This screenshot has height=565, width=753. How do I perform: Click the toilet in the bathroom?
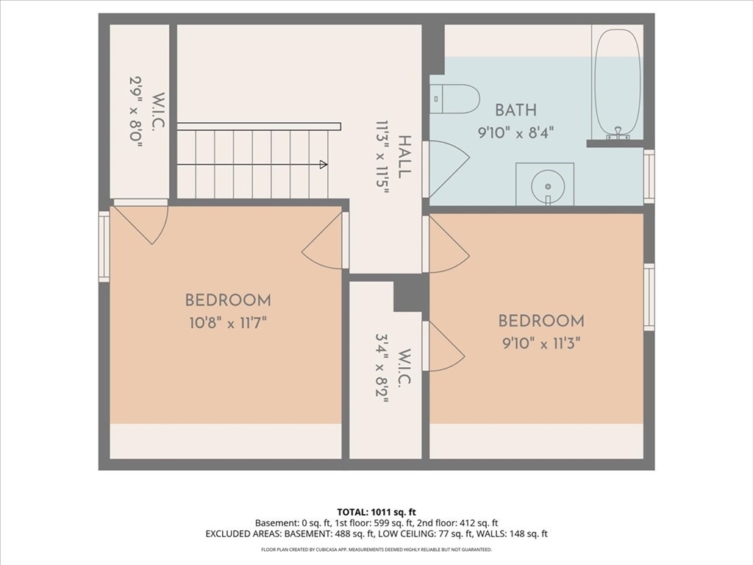454,99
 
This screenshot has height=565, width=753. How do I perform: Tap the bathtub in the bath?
617,84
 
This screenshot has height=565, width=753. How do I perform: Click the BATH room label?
515,110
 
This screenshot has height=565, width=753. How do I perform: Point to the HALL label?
405,157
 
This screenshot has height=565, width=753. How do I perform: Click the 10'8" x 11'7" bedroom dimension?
228,323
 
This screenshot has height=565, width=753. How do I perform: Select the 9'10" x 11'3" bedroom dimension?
541,344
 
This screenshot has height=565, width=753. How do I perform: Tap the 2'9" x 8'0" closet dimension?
136,112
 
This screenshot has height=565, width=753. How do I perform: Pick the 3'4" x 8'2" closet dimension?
382,369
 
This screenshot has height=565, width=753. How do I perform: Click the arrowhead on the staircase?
324,165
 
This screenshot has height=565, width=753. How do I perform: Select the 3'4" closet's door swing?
446,346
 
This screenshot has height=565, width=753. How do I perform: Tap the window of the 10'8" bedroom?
104,246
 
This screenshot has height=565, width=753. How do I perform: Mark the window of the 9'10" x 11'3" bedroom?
649,297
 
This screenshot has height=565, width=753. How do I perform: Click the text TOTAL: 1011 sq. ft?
373,512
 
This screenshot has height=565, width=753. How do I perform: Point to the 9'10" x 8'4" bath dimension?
515,132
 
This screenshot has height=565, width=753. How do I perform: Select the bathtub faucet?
618,133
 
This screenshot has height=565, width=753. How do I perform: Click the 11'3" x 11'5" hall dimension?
382,157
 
